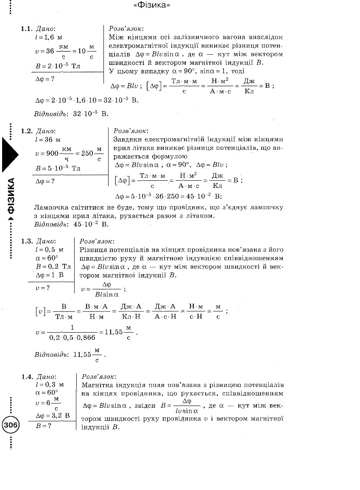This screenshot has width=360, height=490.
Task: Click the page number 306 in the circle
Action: (11, 424)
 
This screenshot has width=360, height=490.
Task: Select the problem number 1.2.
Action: (27, 132)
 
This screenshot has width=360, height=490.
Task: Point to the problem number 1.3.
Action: (27, 241)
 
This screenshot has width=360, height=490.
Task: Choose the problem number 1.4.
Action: (27, 376)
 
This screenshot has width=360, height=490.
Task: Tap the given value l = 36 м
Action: (47, 140)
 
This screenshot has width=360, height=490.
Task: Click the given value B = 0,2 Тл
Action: (53, 266)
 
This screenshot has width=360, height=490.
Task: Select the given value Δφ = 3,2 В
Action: (53, 415)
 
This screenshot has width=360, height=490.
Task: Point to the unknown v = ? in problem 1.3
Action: (43, 287)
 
